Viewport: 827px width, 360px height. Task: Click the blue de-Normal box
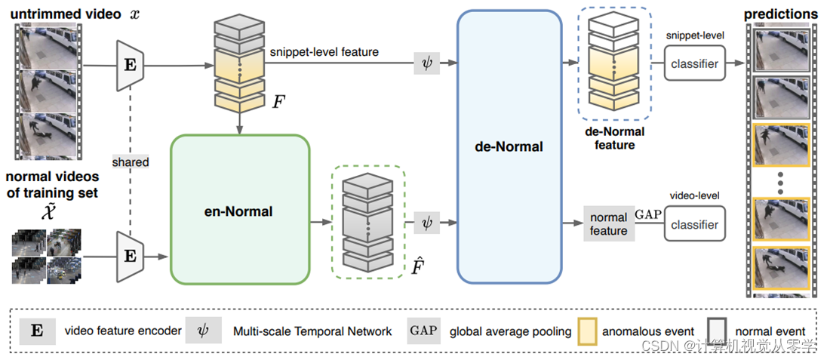[x=509, y=146]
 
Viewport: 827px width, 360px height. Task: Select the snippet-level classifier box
[x=694, y=65]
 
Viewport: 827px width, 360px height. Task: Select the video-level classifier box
[x=694, y=225]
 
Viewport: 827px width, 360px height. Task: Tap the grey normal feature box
[x=608, y=225]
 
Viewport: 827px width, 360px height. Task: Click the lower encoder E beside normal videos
[x=131, y=257]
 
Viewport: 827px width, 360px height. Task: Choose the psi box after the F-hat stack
[x=426, y=223]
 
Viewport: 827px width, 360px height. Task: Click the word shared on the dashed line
[x=131, y=162]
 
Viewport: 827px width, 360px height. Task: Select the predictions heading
[x=781, y=14]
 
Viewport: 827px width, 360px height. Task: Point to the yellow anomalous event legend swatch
[x=588, y=331]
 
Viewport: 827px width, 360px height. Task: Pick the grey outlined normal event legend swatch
[x=716, y=331]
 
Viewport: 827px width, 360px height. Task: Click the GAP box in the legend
[x=423, y=331]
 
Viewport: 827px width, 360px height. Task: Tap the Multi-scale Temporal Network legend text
[x=312, y=331]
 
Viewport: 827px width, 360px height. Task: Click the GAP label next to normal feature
[x=647, y=214]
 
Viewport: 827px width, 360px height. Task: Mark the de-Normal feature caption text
[x=614, y=138]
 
